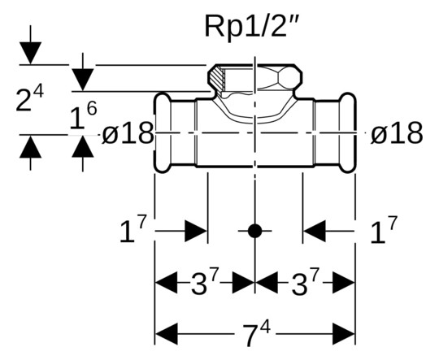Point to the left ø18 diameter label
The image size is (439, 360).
coord(128,133)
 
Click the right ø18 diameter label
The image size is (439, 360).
coord(396,133)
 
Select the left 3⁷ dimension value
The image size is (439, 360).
coord(204,284)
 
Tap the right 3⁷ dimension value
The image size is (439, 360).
coord(304,284)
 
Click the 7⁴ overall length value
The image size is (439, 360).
coord(254,333)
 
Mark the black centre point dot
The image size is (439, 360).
coord(254,231)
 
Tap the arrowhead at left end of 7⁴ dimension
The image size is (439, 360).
coord(166,333)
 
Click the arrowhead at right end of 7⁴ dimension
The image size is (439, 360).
coord(344,333)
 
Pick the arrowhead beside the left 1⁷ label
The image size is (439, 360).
coord(196,231)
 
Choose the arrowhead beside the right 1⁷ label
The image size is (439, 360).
coord(315,231)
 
